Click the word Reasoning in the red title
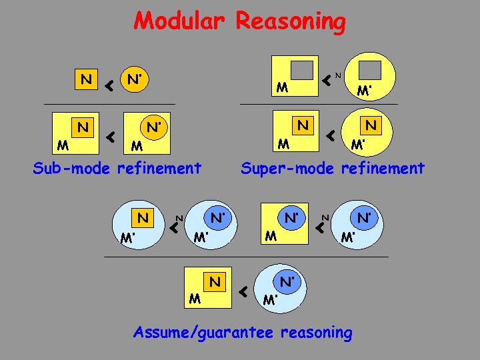[x=291, y=22]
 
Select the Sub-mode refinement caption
[x=117, y=169]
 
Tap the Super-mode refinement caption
[x=333, y=169]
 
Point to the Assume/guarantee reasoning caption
[x=243, y=332]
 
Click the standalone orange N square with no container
[x=86, y=80]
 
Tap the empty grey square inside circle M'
[x=370, y=71]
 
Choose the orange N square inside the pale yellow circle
[x=371, y=125]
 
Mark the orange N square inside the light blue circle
[x=143, y=217]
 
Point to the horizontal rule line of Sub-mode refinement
[x=109, y=105]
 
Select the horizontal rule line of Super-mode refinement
[x=318, y=105]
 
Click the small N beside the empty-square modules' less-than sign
[x=338, y=75]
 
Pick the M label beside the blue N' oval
[x=270, y=235]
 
